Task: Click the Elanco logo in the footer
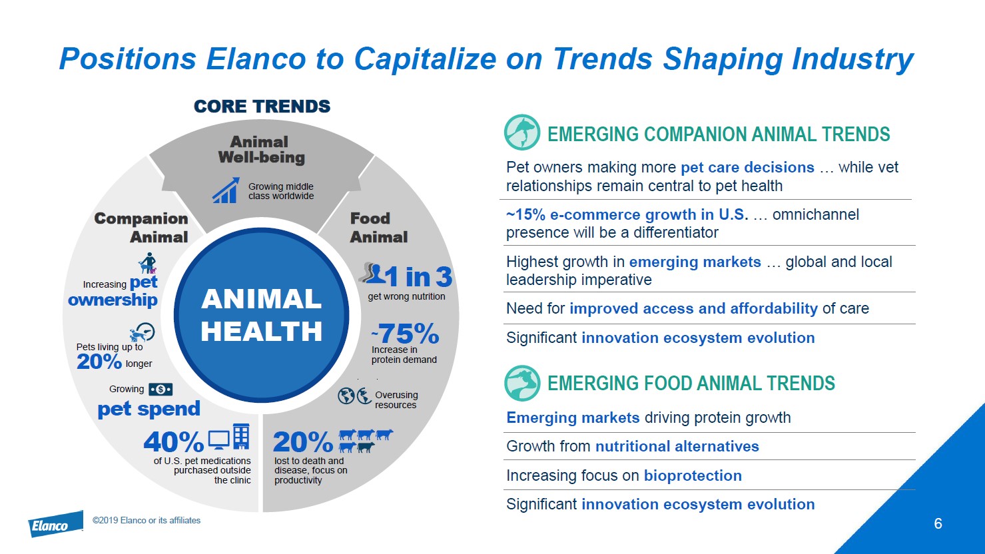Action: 56,524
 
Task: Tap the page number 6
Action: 938,523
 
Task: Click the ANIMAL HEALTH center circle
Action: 262,315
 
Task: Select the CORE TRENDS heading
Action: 262,106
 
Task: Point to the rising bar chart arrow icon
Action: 226,190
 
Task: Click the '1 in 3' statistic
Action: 418,276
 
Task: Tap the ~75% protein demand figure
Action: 405,334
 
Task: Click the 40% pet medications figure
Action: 174,442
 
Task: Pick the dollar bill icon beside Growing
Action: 161,390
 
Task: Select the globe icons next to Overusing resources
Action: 355,396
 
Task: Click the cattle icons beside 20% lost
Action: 366,441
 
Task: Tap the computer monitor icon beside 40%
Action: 218,440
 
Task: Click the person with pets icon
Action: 148,263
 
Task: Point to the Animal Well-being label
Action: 261,150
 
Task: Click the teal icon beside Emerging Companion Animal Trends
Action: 522,133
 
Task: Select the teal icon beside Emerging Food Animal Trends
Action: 522,383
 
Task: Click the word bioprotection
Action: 693,475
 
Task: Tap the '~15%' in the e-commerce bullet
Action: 526,214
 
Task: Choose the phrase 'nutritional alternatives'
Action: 677,446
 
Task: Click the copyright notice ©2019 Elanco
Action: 147,520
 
